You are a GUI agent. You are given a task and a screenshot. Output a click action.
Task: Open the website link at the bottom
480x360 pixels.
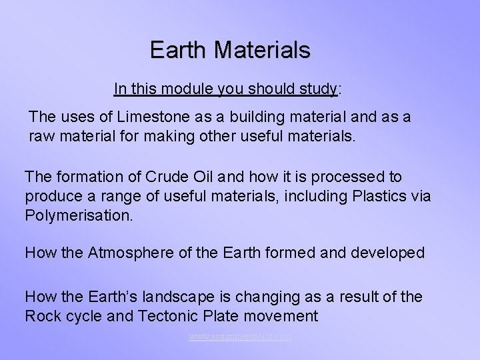pos(239,337)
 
